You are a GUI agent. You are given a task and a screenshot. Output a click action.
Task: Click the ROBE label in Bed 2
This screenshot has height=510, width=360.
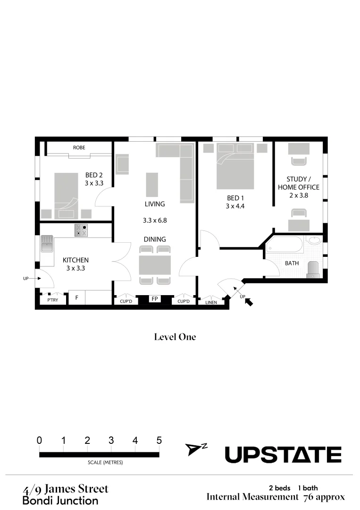[79, 148]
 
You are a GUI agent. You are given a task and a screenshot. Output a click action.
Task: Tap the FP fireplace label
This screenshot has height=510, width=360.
[154, 299]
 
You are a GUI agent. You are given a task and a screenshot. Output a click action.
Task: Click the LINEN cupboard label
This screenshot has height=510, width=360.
[211, 302]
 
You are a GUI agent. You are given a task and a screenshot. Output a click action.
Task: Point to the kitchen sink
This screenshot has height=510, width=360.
[47, 245]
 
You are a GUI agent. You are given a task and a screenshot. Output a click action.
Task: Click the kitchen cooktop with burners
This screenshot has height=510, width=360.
[81, 230]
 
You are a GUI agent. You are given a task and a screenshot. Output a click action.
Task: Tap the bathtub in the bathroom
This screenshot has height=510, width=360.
[285, 245]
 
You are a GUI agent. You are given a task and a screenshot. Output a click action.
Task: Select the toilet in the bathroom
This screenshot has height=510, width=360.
[314, 269]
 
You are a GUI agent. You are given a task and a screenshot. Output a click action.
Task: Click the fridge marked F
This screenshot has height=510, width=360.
[76, 298]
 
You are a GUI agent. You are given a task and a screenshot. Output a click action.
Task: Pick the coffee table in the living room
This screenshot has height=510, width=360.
[151, 185]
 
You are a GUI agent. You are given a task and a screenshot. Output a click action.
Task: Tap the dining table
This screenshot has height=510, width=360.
[155, 264]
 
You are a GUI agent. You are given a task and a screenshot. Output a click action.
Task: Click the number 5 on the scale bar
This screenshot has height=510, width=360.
[159, 441]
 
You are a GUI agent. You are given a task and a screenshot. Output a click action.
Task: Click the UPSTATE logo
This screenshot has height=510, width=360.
[283, 455]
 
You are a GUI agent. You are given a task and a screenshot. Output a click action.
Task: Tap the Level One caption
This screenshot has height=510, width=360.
[175, 337]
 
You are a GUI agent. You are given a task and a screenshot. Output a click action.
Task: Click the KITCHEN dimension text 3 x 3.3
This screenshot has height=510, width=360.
[75, 268]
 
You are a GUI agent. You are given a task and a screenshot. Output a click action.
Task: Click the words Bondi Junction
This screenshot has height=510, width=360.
[60, 501]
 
